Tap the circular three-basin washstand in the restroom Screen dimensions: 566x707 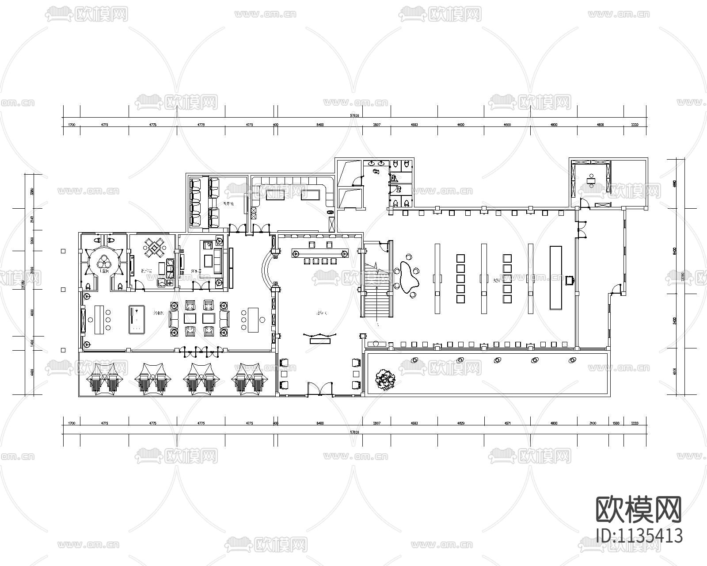(x=104, y=261)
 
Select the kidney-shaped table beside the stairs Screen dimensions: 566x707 (x=408, y=276)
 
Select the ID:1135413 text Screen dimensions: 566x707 (x=639, y=535)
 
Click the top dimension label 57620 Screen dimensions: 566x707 (x=354, y=115)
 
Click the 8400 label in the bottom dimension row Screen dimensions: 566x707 (x=320, y=423)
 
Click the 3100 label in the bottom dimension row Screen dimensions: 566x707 (x=593, y=423)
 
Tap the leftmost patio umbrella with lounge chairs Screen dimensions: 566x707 (x=103, y=378)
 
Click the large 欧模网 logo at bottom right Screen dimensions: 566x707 (x=639, y=509)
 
